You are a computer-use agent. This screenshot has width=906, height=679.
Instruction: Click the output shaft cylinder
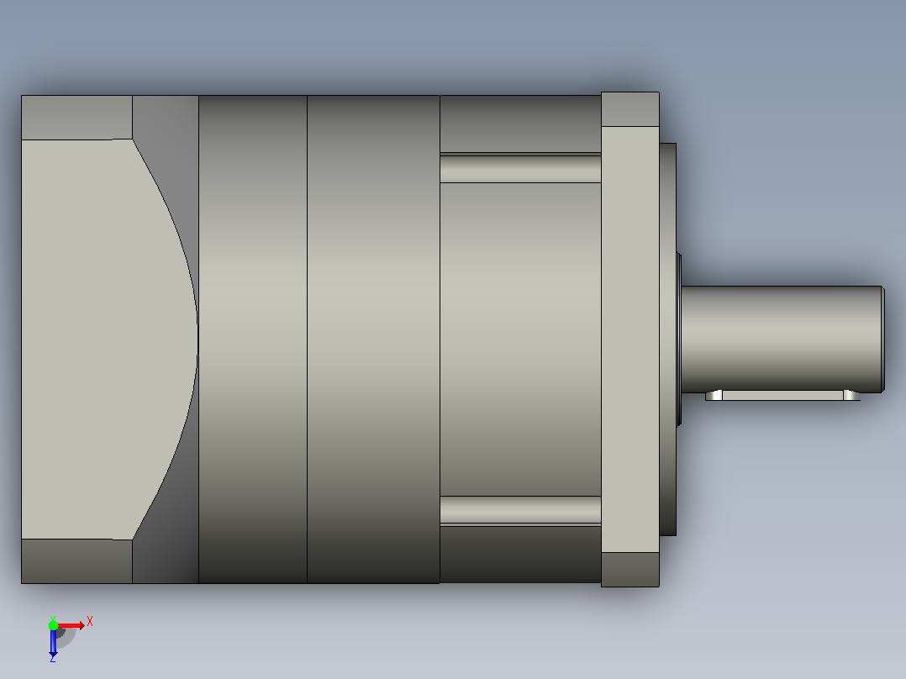click(782, 339)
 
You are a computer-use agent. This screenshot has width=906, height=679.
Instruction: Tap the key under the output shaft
click(782, 395)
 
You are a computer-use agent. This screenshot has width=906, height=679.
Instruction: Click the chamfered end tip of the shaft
click(882, 339)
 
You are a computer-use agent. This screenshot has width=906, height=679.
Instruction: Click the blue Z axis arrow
click(53, 643)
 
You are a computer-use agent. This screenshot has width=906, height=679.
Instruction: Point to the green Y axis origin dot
click(53, 625)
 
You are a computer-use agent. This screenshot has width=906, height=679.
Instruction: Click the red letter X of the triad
click(90, 622)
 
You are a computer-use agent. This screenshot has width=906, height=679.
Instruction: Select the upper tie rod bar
click(520, 168)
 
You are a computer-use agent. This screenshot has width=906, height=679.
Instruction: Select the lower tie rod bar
click(520, 510)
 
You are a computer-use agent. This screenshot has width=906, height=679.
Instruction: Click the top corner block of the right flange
click(629, 109)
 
